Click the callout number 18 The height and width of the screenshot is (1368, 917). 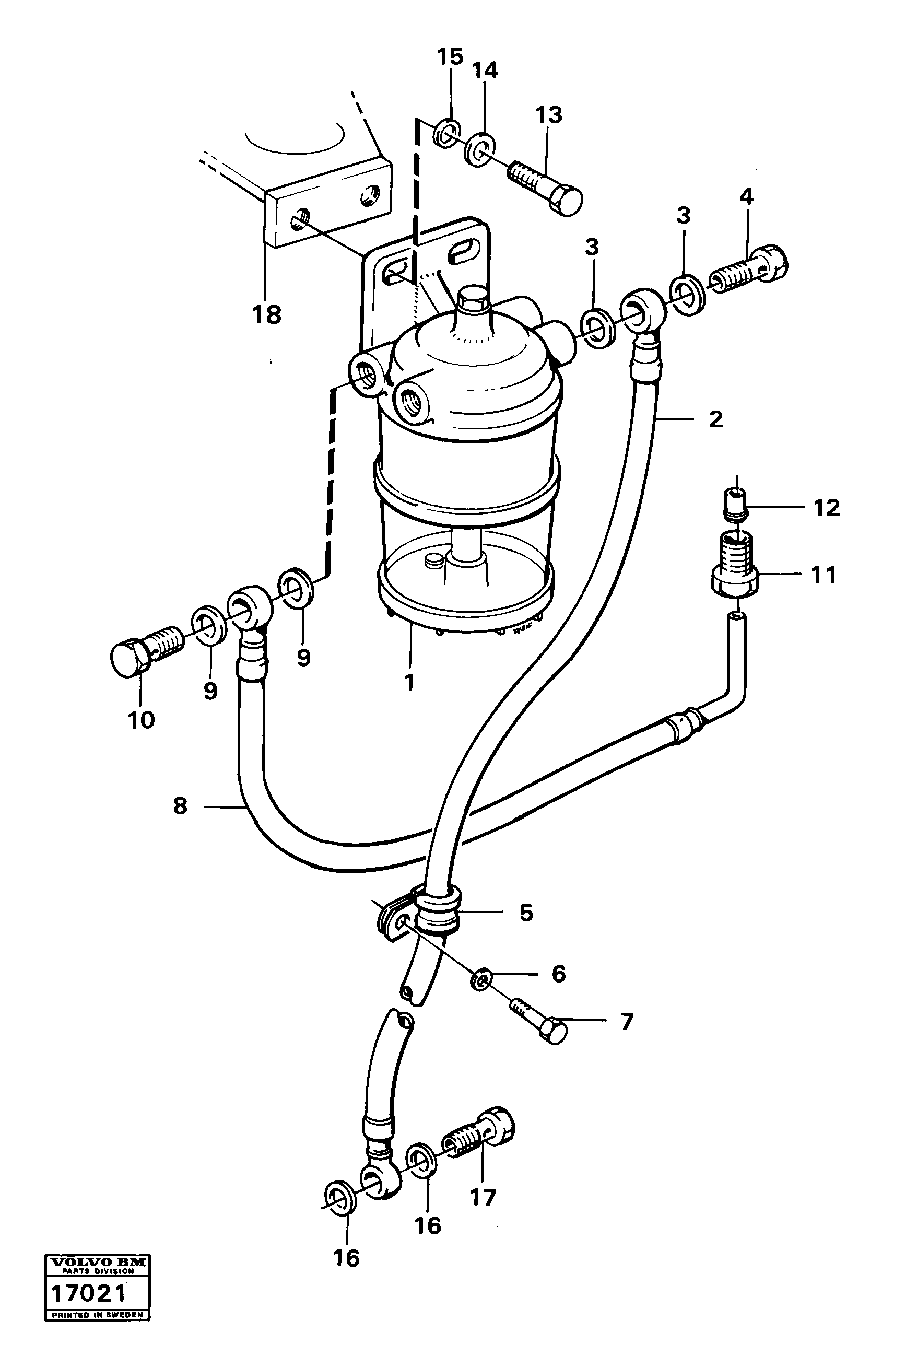click(267, 316)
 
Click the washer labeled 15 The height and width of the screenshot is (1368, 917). click(448, 133)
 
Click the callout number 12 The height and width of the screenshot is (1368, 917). click(826, 508)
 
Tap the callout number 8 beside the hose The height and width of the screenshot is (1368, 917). click(180, 806)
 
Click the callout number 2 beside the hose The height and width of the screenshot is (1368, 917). click(716, 419)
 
